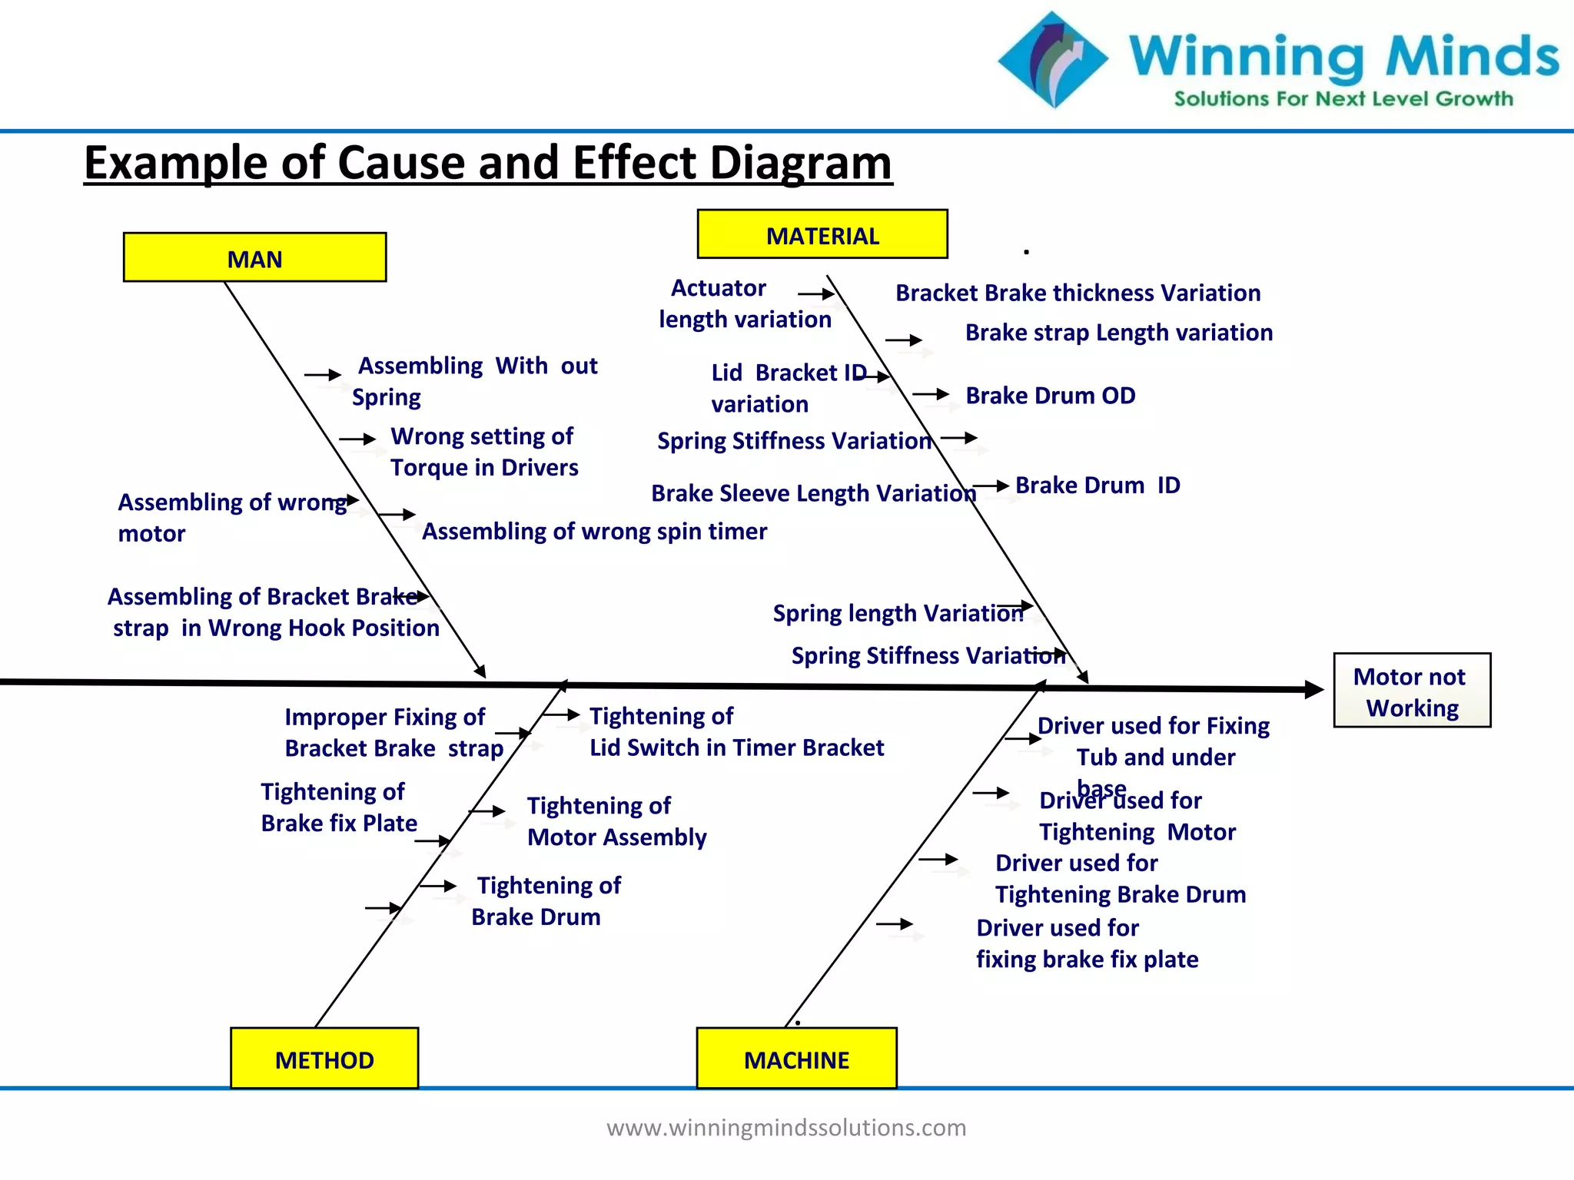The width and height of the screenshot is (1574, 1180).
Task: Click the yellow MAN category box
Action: point(254,258)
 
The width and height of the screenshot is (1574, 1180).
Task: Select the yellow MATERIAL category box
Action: point(822,235)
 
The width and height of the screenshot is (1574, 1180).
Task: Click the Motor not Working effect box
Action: point(1411,691)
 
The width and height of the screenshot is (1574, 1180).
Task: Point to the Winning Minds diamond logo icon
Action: point(1052,59)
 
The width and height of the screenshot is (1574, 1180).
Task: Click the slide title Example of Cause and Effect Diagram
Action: point(488,163)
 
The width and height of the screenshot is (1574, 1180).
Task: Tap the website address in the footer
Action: point(785,1127)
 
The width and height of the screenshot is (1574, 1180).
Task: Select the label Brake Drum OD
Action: point(1050,396)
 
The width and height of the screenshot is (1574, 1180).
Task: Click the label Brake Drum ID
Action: point(1097,486)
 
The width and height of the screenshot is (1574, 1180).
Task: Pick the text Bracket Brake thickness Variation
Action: point(1078,293)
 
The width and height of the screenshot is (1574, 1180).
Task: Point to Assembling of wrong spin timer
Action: point(594,532)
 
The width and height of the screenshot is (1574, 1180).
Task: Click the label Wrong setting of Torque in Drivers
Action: point(483,452)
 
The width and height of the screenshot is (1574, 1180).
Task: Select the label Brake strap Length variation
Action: point(1118,333)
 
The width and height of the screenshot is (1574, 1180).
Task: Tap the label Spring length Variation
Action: point(898,613)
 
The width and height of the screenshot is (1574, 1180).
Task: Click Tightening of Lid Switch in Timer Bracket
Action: point(736,732)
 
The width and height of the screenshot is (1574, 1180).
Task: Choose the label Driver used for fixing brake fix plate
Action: point(1086,943)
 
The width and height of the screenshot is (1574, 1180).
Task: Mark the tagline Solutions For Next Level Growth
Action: point(1343,99)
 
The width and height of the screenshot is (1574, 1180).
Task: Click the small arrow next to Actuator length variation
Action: point(817,294)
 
